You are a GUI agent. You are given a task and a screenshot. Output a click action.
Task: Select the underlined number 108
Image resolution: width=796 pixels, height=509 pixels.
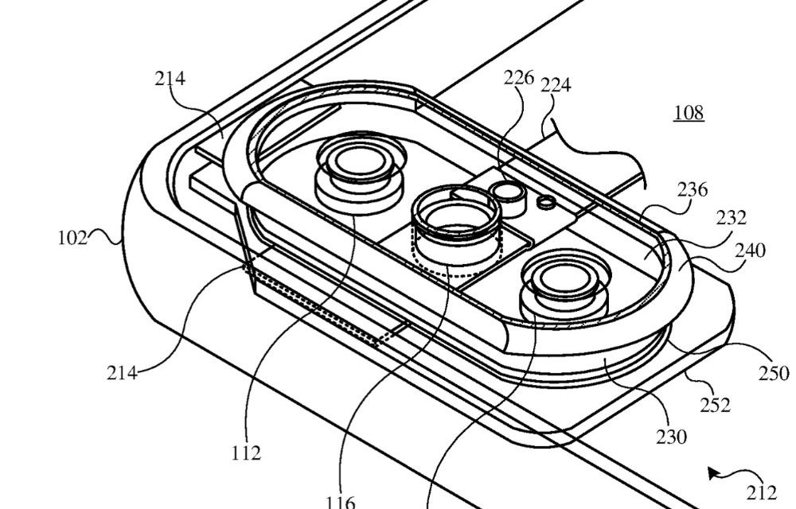click(689, 113)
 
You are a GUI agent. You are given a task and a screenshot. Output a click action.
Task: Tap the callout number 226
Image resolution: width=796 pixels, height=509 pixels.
click(519, 78)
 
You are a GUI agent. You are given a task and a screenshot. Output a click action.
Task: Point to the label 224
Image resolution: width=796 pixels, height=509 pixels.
click(556, 85)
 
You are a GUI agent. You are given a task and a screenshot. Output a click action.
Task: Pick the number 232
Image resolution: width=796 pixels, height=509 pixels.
click(731, 218)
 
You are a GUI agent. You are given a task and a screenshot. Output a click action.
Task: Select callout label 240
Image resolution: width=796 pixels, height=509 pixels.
click(751, 251)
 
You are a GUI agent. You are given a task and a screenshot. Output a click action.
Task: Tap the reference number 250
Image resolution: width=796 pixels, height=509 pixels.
click(773, 373)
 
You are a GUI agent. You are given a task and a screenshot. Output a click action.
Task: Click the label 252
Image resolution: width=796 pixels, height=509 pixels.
click(715, 405)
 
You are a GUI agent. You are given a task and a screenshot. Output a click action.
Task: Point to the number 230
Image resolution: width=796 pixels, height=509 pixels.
click(671, 437)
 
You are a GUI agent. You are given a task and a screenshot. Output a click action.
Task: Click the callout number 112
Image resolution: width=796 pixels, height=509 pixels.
click(247, 453)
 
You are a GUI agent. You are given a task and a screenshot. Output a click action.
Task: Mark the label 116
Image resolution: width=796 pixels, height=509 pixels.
click(340, 502)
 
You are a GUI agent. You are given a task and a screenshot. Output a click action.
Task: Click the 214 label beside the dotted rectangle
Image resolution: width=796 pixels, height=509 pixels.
click(122, 371)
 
